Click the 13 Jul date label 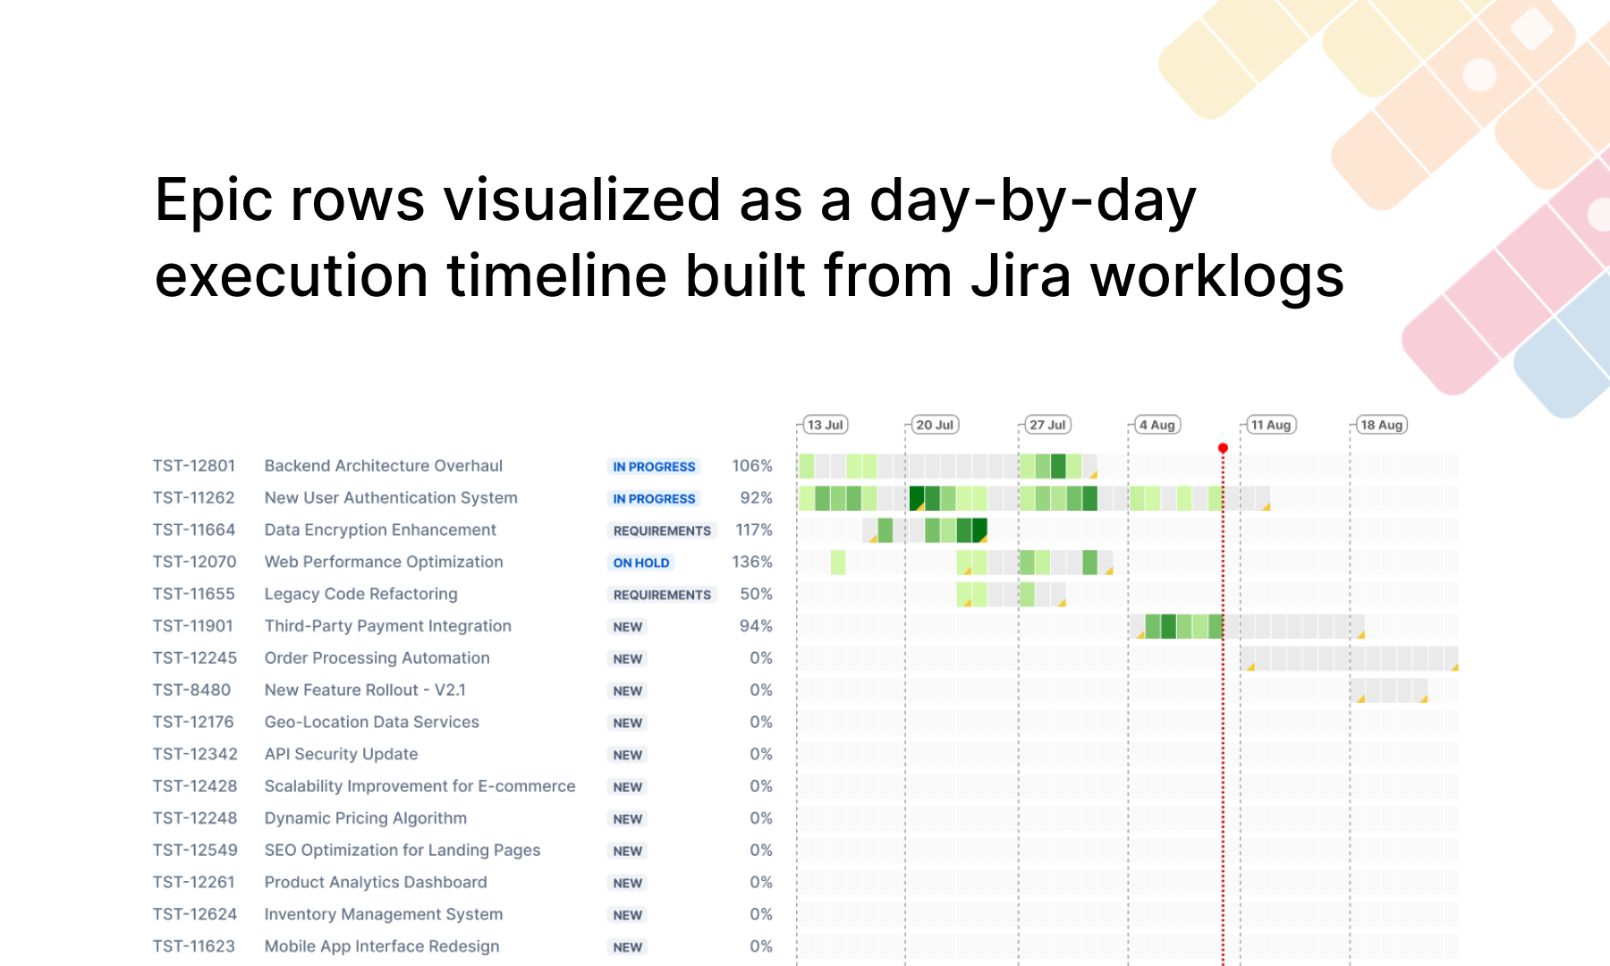pos(825,425)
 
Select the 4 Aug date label pos(1157,425)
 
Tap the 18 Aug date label pos(1381,425)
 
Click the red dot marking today pos(1223,448)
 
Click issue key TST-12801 pos(194,466)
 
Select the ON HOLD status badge pos(640,563)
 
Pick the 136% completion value pos(751,562)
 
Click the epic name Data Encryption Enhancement pos(380,530)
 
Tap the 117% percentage pos(753,530)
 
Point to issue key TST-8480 pos(191,691)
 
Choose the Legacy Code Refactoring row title pos(360,594)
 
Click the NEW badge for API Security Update pos(627,755)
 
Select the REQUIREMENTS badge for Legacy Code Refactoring pos(662,595)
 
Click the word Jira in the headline pos(1021,275)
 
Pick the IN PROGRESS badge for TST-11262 pos(654,499)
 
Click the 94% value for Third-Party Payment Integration pos(756,626)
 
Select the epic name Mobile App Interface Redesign pos(382,946)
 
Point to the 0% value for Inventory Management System pos(760,914)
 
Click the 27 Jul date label pos(1046,425)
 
